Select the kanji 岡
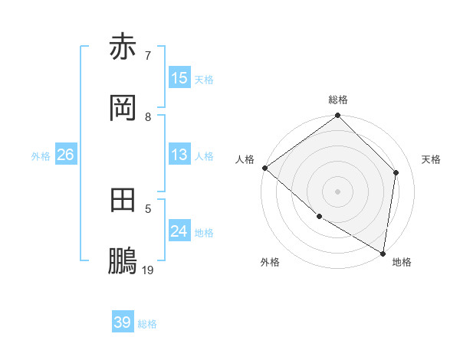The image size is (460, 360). pyautogui.click(x=123, y=109)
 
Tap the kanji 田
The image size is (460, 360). pyautogui.click(x=123, y=200)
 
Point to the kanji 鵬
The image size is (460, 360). pyautogui.click(x=123, y=261)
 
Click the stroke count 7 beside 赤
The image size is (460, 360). pyautogui.click(x=147, y=55)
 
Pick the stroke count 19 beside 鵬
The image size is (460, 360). pyautogui.click(x=148, y=270)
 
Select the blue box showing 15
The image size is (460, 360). pyautogui.click(x=179, y=78)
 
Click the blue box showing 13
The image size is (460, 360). pyautogui.click(x=179, y=155)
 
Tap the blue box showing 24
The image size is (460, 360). pyautogui.click(x=179, y=231)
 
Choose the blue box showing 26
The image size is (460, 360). pyautogui.click(x=65, y=155)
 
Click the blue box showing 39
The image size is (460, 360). pyautogui.click(x=123, y=322)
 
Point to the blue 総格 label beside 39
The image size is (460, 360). pyautogui.click(x=147, y=324)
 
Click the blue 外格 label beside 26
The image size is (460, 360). pyautogui.click(x=41, y=155)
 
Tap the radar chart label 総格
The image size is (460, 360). pyautogui.click(x=338, y=100)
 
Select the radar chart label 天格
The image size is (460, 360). pyautogui.click(x=432, y=159)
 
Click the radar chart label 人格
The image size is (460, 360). pyautogui.click(x=245, y=159)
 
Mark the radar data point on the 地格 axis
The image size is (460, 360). pyautogui.click(x=383, y=253)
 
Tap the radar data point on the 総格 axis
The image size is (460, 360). pyautogui.click(x=338, y=116)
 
